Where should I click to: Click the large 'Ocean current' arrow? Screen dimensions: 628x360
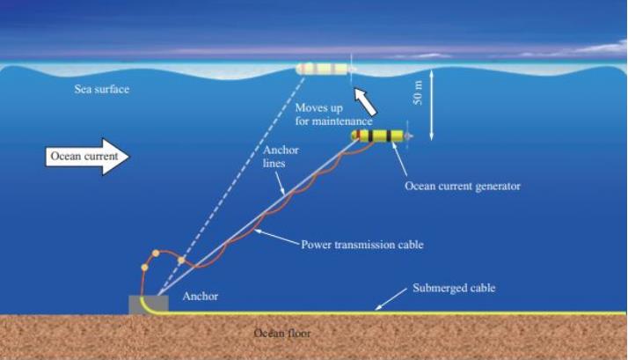pyautogui.click(x=87, y=157)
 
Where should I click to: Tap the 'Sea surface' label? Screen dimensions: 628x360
pyautogui.click(x=102, y=89)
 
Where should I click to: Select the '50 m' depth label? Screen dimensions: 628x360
pyautogui.click(x=418, y=93)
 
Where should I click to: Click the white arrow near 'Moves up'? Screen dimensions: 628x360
pyautogui.click(x=365, y=101)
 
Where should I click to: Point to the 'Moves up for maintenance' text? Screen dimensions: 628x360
pyautogui.click(x=334, y=114)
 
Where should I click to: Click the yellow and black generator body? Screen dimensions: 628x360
pyautogui.click(x=377, y=136)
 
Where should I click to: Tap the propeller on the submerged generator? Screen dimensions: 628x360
pyautogui.click(x=408, y=136)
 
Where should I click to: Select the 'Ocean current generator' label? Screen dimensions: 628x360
pyautogui.click(x=463, y=186)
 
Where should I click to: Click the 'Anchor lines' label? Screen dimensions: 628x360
pyautogui.click(x=281, y=157)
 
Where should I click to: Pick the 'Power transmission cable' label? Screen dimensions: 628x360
pyautogui.click(x=362, y=245)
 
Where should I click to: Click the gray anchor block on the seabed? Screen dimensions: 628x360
pyautogui.click(x=149, y=305)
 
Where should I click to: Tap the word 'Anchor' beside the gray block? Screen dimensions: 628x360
pyautogui.click(x=201, y=297)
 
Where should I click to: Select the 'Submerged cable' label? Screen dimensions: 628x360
pyautogui.click(x=454, y=288)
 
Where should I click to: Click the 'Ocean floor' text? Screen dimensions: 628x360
pyautogui.click(x=282, y=333)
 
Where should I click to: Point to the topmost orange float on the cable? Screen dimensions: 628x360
pyautogui.click(x=156, y=253)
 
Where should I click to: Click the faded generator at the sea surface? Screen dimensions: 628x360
pyautogui.click(x=323, y=69)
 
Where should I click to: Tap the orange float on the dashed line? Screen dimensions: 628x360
pyautogui.click(x=181, y=261)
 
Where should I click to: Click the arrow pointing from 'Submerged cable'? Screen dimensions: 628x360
pyautogui.click(x=391, y=299)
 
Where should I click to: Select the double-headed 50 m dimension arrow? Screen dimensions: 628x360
pyautogui.click(x=431, y=105)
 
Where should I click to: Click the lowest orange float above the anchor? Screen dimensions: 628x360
pyautogui.click(x=144, y=267)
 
